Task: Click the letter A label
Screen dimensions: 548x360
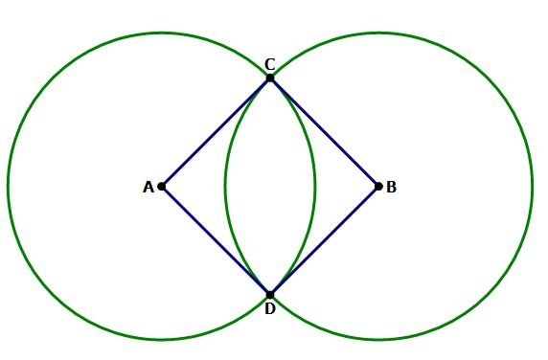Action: [x=148, y=188]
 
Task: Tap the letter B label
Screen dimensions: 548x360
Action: [x=391, y=188]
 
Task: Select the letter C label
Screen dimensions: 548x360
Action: [x=270, y=64]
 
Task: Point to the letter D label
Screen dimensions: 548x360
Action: [x=270, y=308]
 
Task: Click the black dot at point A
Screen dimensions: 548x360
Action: [x=162, y=187]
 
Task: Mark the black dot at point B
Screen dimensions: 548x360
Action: [x=378, y=187]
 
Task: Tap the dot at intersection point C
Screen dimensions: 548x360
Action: [x=270, y=78]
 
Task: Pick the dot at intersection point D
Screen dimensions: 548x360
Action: [x=270, y=295]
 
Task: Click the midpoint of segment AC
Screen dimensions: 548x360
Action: [x=216, y=132]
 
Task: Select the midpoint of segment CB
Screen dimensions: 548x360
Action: [x=325, y=132]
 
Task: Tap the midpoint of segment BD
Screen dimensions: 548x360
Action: [x=325, y=241]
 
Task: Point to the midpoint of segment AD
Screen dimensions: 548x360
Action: [x=216, y=241]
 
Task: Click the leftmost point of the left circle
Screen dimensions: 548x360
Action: [x=8, y=187]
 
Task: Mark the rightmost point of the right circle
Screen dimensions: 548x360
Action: [x=533, y=187]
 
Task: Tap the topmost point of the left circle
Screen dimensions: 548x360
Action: [x=162, y=34]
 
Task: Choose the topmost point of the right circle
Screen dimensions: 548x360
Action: [x=378, y=34]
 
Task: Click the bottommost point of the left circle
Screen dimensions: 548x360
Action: [x=162, y=340]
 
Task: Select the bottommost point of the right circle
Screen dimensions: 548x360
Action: [x=378, y=340]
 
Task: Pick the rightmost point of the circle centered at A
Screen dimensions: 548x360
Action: [x=315, y=187]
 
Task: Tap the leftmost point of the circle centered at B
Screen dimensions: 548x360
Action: [x=225, y=187]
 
